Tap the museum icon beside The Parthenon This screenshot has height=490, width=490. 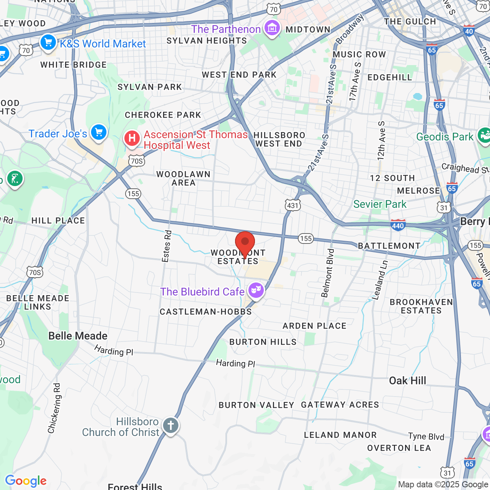tap(272, 28)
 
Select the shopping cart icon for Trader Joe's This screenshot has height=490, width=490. tap(99, 133)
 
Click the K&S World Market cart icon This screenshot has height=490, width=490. tap(48, 42)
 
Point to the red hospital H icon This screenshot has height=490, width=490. tap(132, 138)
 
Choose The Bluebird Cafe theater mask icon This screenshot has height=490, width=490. tap(256, 291)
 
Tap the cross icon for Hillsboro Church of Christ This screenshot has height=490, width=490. tap(171, 425)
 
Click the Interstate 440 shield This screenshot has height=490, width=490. tap(398, 225)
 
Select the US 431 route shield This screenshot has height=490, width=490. tap(292, 206)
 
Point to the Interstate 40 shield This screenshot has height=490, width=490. tap(469, 31)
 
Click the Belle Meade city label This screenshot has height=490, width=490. tap(78, 336)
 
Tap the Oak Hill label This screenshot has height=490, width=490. tap(407, 381)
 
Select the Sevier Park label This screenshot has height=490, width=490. tap(380, 204)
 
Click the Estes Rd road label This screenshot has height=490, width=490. tap(167, 246)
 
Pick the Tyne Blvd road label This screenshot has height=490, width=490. tap(426, 436)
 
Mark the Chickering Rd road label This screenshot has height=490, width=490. tap(54, 408)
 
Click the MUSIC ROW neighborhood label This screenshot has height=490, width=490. tap(359, 54)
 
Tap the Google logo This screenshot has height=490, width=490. tap(26, 481)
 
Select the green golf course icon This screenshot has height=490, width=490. tap(15, 179)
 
